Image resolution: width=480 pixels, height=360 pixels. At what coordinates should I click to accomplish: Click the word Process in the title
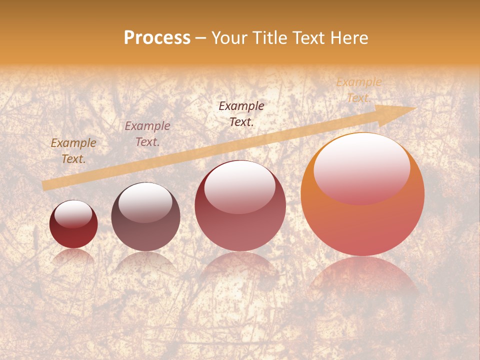point(157,38)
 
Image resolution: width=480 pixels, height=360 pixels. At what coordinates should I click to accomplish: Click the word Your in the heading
point(229,38)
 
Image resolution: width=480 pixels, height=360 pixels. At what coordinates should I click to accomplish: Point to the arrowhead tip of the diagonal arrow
point(415,108)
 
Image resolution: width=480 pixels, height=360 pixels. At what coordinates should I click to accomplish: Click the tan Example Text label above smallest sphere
point(73,151)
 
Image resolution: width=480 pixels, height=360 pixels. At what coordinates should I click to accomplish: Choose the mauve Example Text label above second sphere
point(147,134)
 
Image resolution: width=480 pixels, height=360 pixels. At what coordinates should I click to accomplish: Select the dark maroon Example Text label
point(241,114)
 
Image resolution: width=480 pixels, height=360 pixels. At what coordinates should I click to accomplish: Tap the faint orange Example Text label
point(358,90)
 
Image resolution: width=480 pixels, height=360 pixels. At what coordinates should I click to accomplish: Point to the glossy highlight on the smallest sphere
point(73,213)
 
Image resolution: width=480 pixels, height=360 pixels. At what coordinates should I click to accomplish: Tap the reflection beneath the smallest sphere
point(73,256)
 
